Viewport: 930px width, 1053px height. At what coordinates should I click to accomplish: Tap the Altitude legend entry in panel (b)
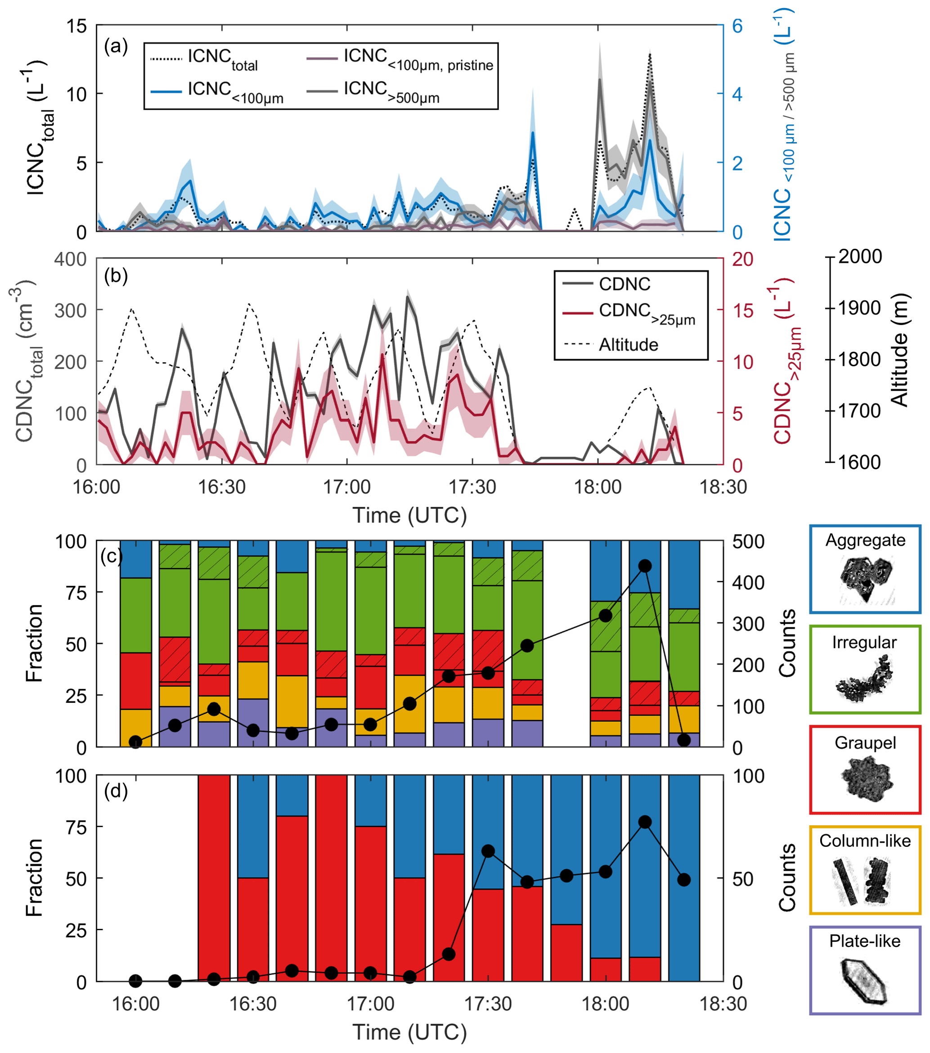(628, 344)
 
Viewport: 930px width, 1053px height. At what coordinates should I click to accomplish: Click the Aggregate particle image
(865, 580)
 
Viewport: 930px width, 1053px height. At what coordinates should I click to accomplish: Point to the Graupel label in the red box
(865, 743)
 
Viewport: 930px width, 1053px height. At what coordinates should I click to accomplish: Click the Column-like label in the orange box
(865, 841)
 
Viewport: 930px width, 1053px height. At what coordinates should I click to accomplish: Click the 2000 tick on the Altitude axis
(860, 256)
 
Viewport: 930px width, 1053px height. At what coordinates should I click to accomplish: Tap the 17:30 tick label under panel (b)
(472, 486)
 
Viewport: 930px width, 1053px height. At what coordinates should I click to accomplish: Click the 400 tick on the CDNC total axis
(71, 259)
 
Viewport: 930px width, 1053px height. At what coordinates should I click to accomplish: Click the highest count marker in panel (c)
(645, 566)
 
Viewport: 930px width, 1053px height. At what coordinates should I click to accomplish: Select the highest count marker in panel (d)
(645, 822)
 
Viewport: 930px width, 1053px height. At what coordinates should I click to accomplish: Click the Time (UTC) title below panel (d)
(409, 1032)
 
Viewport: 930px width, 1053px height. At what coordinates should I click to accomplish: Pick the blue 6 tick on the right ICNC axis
(737, 26)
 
